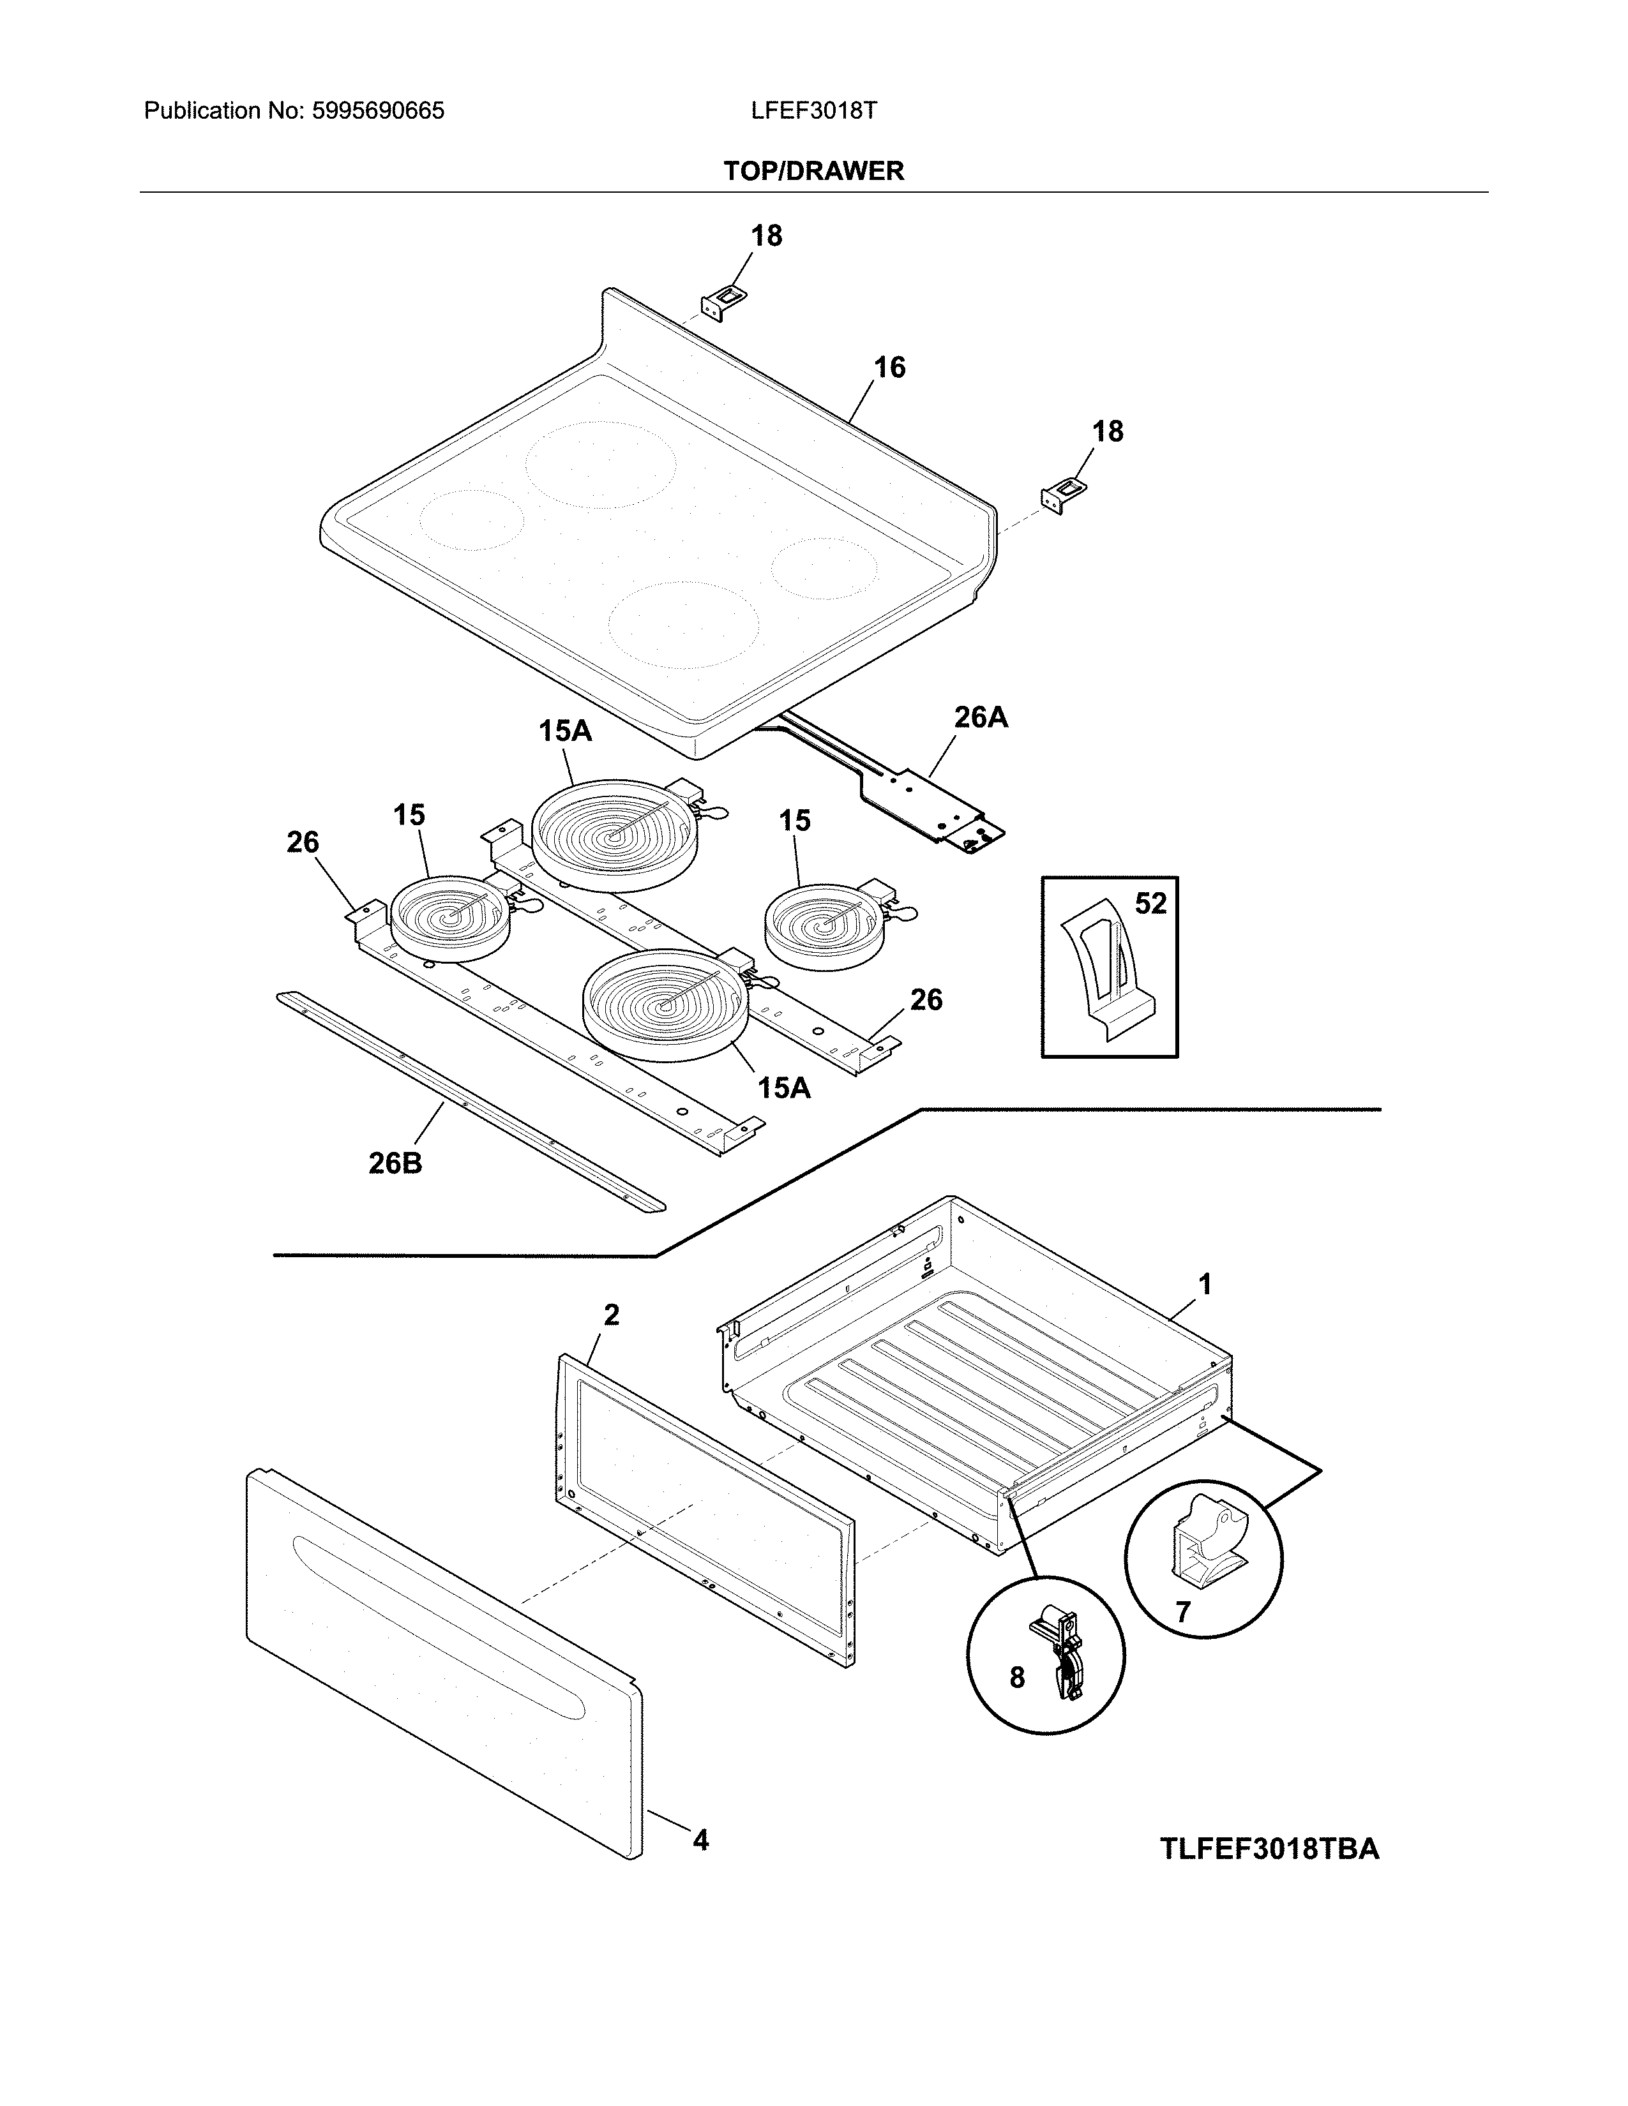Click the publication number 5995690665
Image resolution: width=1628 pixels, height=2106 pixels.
pos(377,111)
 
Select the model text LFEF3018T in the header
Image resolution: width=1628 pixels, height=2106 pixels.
pos(813,111)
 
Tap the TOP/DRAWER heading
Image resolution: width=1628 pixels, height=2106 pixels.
pos(813,172)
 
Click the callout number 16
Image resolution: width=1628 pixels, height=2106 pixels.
pos(889,368)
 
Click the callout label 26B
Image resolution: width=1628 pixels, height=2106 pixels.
pos(395,1164)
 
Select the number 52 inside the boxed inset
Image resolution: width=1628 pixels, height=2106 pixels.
pos(1150,904)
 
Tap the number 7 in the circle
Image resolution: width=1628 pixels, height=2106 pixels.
pos(1184,1611)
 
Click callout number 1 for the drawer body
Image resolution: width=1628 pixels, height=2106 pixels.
pos(1205,1285)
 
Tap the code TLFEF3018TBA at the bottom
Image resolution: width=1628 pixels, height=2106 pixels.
pos(1269,1849)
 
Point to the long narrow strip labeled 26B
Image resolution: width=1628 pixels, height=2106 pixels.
pos(470,1100)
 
